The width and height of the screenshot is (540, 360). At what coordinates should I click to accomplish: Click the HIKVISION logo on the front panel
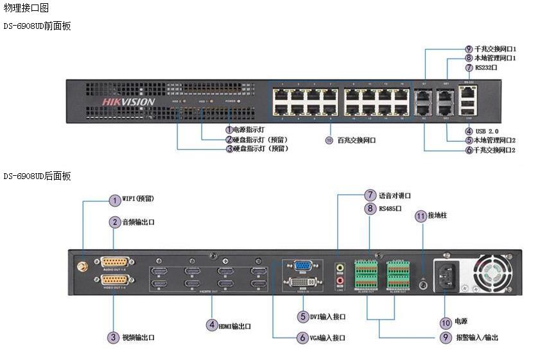tap(128, 101)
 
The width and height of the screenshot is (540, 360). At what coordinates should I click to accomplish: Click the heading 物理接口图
tap(26, 8)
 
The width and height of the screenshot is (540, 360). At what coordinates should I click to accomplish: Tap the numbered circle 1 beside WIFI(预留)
tap(114, 200)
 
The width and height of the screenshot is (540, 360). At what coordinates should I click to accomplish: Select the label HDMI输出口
tap(235, 326)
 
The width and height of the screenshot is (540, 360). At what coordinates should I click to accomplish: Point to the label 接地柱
tap(437, 216)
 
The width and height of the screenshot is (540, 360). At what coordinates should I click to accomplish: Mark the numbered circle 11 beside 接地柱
tap(421, 216)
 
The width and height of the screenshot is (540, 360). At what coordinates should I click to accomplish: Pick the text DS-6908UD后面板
tap(37, 176)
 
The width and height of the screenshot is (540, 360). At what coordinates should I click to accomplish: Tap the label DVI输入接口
tap(327, 316)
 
